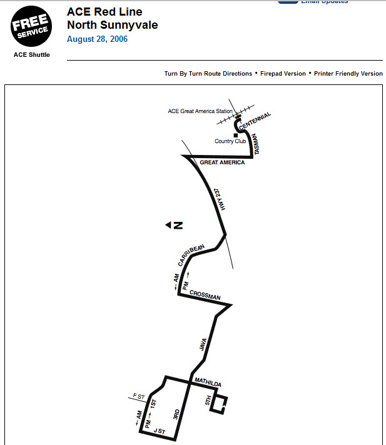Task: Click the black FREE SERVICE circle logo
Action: click(x=31, y=26)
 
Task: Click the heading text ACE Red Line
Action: click(x=104, y=12)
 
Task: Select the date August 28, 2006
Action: click(x=97, y=39)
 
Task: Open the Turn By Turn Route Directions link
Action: click(x=208, y=74)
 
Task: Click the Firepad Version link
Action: click(x=283, y=74)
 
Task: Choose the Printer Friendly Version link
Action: click(x=348, y=74)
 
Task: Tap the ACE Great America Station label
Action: click(x=200, y=111)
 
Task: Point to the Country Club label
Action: click(x=230, y=141)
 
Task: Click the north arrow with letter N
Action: click(x=174, y=225)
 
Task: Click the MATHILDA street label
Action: click(x=208, y=382)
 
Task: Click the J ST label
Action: click(x=160, y=431)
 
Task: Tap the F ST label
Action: click(x=138, y=396)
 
